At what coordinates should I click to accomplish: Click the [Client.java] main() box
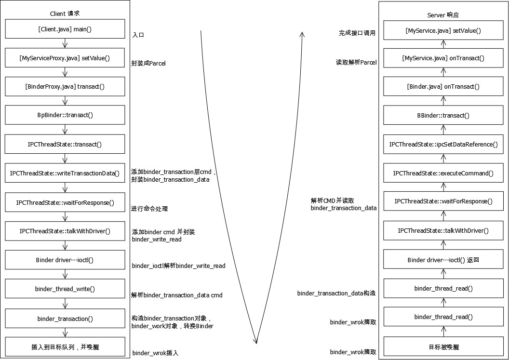(65, 29)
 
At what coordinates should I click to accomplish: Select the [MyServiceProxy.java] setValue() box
(65, 58)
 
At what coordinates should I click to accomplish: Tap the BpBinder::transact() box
(65, 116)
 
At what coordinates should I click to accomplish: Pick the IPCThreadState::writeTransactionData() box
(65, 173)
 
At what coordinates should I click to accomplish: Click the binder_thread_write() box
(65, 289)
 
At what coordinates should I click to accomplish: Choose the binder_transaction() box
(65, 319)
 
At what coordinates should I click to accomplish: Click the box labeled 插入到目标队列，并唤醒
(65, 347)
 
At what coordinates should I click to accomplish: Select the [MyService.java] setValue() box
(443, 30)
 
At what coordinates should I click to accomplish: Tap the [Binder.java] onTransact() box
(443, 87)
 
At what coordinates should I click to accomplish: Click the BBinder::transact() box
(443, 115)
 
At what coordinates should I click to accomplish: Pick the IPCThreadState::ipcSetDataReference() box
(443, 144)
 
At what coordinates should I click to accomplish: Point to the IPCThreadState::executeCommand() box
(443, 173)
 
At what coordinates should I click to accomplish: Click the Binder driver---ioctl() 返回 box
(443, 260)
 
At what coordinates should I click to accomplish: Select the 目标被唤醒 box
(443, 347)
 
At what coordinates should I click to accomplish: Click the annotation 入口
(138, 35)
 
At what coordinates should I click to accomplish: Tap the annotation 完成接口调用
(357, 33)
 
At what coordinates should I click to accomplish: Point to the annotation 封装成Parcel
(148, 63)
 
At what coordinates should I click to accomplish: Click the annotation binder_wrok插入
(155, 353)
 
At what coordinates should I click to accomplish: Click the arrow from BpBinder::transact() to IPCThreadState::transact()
(65, 130)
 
